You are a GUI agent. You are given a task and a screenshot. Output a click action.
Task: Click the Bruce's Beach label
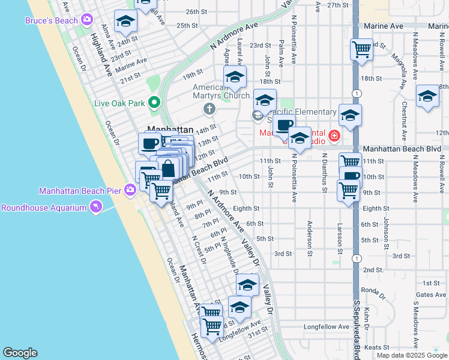[x=51, y=20]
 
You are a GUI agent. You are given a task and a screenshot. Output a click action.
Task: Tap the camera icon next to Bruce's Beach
[x=87, y=20]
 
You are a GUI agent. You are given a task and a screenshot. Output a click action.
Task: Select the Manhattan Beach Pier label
[x=80, y=191]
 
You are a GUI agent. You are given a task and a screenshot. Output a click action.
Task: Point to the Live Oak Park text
[x=119, y=103]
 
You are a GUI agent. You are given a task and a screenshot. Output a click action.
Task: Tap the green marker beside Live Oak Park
[x=154, y=103]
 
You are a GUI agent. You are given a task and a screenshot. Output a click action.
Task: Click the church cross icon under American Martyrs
[x=209, y=109]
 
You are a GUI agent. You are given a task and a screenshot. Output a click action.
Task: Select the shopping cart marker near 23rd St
[x=361, y=49]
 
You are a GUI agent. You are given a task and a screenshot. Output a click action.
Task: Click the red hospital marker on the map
[x=334, y=136]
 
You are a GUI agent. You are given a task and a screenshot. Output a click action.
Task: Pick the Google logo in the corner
[x=20, y=352]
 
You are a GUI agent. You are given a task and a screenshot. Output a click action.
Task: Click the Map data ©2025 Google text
[x=411, y=355]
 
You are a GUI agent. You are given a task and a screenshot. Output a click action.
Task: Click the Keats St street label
[x=377, y=347]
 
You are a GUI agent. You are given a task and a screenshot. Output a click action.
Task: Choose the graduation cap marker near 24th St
[x=126, y=22]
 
